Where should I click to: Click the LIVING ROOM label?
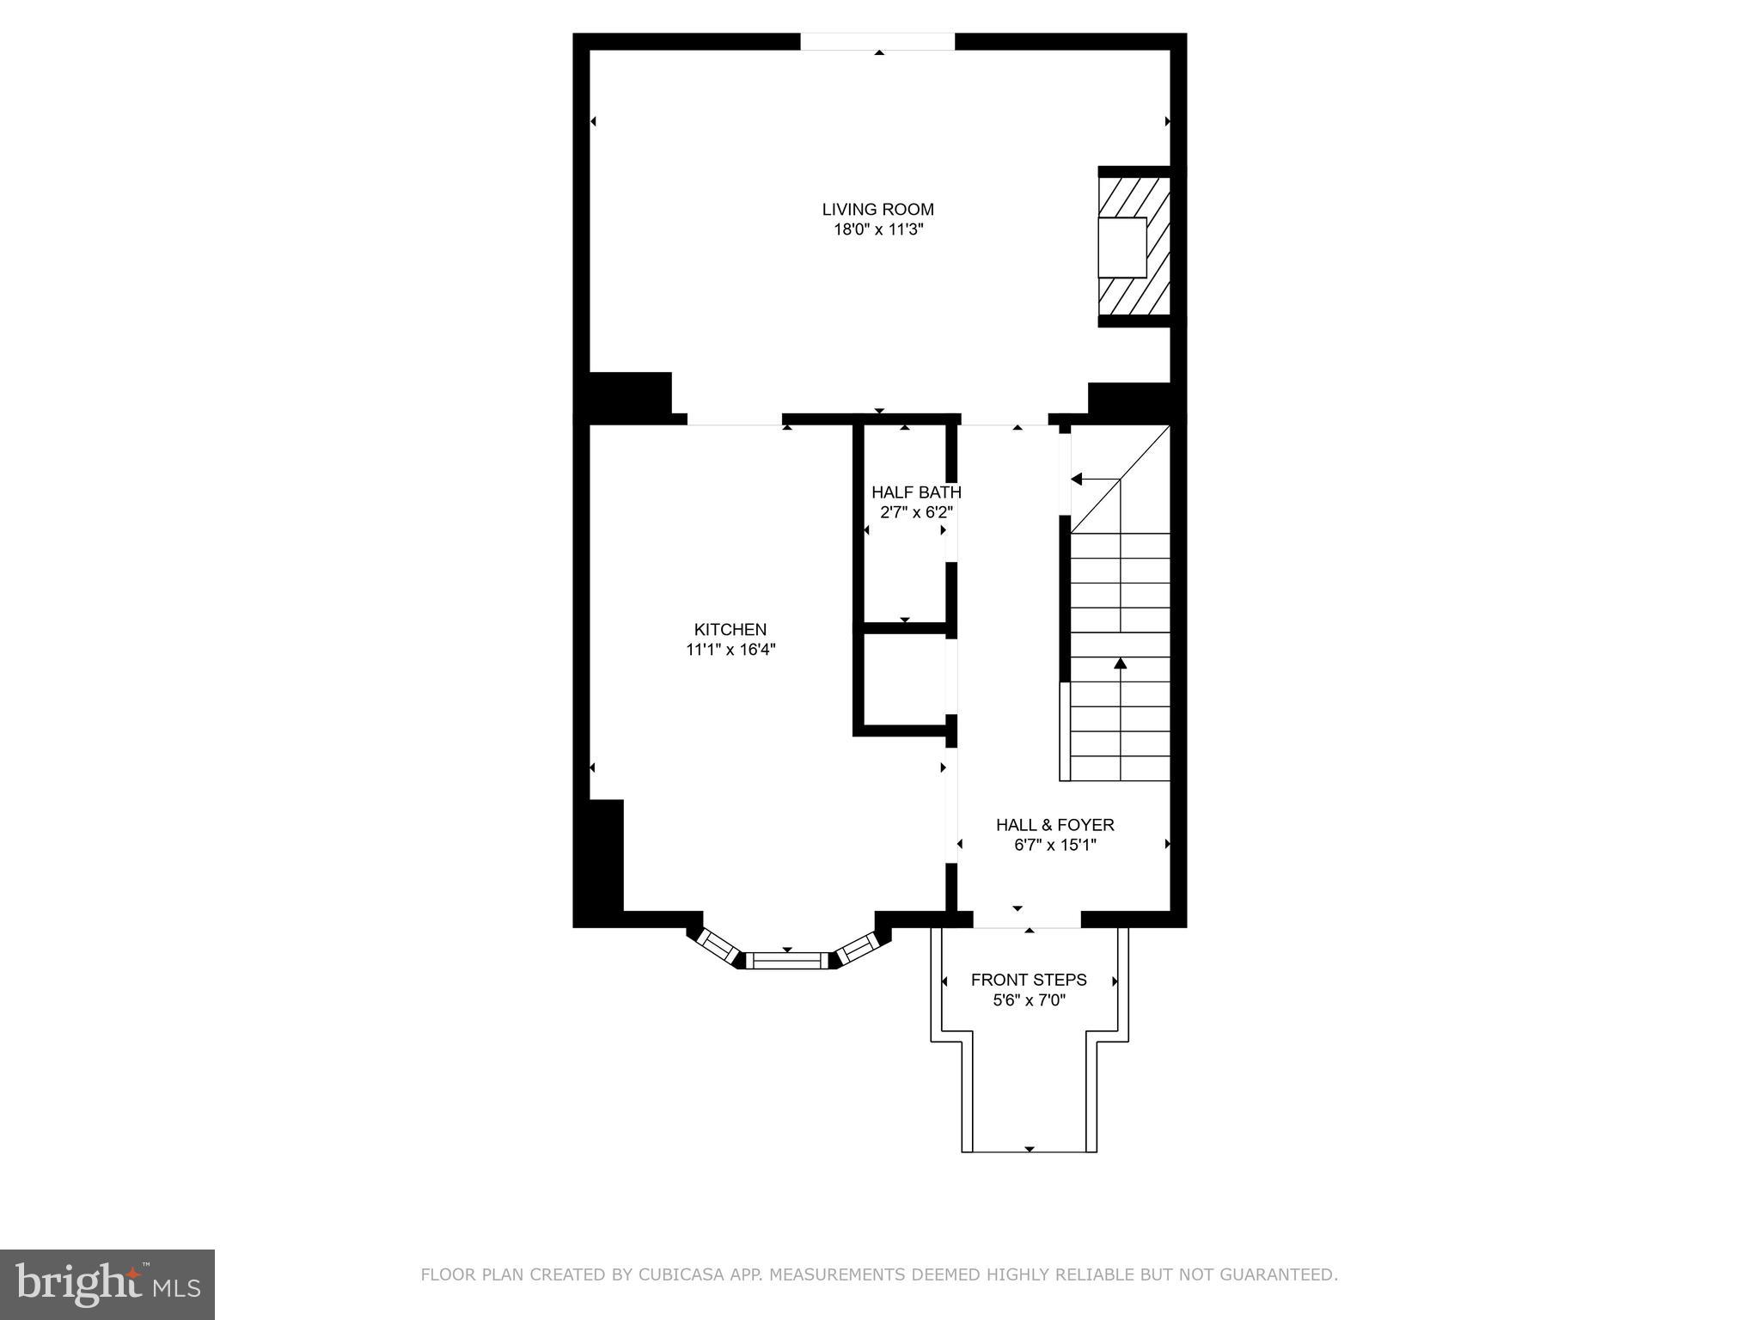[x=877, y=209]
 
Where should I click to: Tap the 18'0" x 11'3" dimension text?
[x=877, y=230]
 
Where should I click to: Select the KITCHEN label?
[x=730, y=629]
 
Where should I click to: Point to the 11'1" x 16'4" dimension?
[x=730, y=651]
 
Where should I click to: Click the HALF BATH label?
[x=916, y=492]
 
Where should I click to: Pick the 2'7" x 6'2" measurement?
[x=916, y=513]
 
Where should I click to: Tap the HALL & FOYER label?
[x=1054, y=825]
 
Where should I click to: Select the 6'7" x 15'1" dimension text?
[x=1054, y=846]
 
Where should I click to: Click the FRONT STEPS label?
[x=1029, y=980]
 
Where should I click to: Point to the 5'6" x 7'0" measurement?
[x=1029, y=1000]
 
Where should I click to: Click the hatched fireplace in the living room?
[x=1134, y=247]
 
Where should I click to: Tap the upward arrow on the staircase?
[x=1120, y=663]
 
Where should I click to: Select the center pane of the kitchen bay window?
[x=787, y=960]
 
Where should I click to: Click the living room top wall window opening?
[x=877, y=42]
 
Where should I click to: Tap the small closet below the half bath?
[x=904, y=680]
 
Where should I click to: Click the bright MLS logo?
[x=107, y=1284]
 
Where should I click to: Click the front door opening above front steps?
[x=1027, y=920]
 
